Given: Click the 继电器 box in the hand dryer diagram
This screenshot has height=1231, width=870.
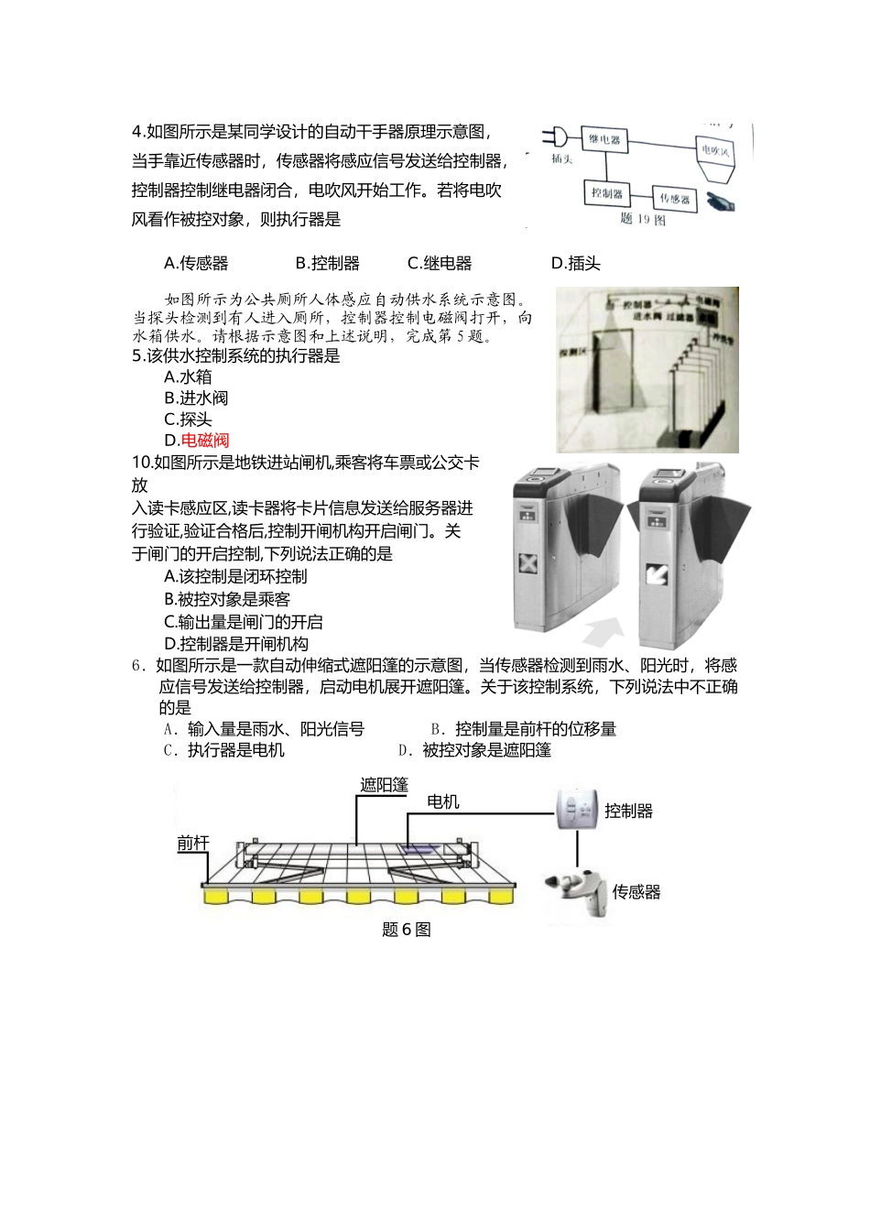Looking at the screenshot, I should (x=604, y=140).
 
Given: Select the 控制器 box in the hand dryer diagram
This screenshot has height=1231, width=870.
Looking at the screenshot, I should (x=606, y=193).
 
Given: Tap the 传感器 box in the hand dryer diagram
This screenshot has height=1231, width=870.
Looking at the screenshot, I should (x=673, y=199).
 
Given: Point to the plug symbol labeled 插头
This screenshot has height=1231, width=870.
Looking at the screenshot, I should (x=555, y=139).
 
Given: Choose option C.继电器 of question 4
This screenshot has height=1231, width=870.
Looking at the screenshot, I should (x=440, y=264).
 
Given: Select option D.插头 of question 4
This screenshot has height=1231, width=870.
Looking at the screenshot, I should (x=575, y=264).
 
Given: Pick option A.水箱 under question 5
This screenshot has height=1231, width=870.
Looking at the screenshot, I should (x=188, y=377).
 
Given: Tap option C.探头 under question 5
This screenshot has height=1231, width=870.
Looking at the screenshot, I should (x=188, y=419).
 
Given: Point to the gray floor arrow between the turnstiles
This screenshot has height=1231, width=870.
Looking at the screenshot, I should (x=599, y=631).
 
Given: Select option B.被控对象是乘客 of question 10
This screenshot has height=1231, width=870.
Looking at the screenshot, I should (x=227, y=599).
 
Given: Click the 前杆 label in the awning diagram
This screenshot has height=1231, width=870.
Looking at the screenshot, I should (x=192, y=844).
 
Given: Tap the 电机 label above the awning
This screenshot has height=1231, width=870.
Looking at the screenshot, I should (x=443, y=802).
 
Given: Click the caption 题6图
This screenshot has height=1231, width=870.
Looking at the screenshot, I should (x=406, y=930).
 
